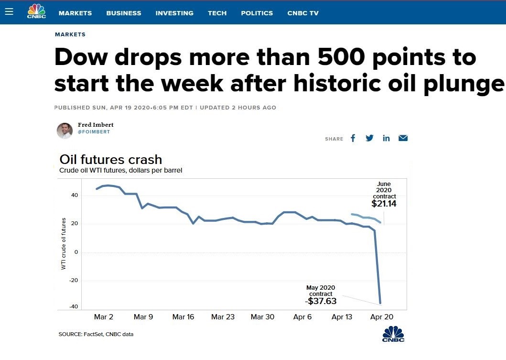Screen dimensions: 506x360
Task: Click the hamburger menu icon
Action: pos(9,11)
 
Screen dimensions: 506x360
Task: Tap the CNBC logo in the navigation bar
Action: pos(36,11)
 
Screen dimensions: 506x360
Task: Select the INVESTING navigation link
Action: pos(174,13)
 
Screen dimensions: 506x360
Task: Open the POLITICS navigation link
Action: pos(257,13)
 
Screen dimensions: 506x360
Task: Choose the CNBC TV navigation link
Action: pos(303,13)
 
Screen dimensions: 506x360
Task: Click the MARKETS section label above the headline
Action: pos(70,34)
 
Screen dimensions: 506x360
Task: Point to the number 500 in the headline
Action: pos(341,57)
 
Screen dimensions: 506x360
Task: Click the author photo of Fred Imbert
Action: pos(65,131)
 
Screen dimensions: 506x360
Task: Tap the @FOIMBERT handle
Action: pos(94,132)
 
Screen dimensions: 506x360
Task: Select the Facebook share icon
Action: pos(353,138)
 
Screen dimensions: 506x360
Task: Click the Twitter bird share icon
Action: pos(369,138)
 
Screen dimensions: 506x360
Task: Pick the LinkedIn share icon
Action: pos(386,138)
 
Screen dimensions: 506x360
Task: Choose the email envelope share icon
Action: pos(403,138)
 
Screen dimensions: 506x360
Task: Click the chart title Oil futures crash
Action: pos(111,160)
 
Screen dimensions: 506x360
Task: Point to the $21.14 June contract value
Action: pos(384,203)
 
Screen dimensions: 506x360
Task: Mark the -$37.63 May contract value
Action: pos(321,301)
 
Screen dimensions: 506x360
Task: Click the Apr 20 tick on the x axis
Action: pos(382,317)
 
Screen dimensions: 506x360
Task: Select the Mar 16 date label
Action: pos(183,317)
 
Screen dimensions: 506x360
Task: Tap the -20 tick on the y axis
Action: pos(74,280)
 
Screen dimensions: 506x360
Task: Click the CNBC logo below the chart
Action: pos(393,334)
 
